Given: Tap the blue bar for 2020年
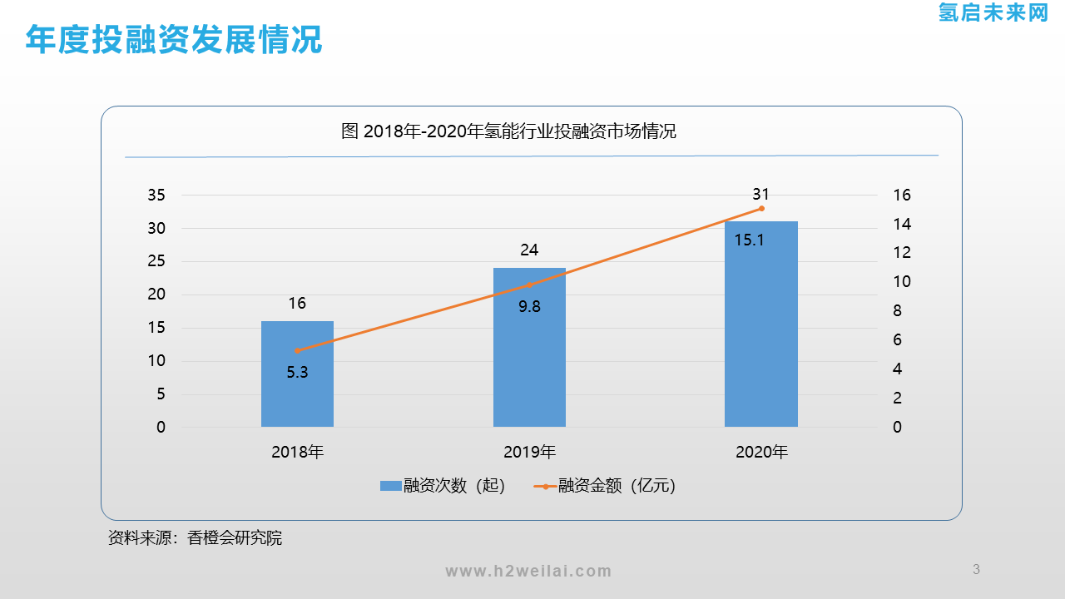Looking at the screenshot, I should click(x=760, y=333).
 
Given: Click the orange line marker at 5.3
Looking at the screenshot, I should click(x=297, y=351).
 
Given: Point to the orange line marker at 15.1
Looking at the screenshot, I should click(x=761, y=208).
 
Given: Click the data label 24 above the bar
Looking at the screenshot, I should click(x=529, y=250).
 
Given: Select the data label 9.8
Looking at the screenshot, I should click(x=529, y=306).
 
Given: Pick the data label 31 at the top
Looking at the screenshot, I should click(x=760, y=194).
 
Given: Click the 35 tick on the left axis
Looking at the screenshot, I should click(x=156, y=196).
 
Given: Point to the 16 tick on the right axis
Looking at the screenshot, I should click(x=902, y=196).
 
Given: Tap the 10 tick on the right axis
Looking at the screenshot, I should click(x=902, y=282).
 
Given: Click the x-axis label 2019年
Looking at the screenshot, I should click(x=529, y=453).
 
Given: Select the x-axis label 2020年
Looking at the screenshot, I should click(x=761, y=453).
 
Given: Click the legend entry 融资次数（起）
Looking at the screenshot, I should click(x=443, y=486).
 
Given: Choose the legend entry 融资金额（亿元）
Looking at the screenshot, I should click(x=605, y=486).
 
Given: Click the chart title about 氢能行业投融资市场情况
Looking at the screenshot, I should click(x=509, y=131).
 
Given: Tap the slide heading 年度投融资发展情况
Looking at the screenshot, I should click(x=174, y=39).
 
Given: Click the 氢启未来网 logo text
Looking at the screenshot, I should click(x=993, y=12).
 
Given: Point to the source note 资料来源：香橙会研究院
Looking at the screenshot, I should click(x=196, y=538).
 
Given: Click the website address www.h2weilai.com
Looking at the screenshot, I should click(x=528, y=571).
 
